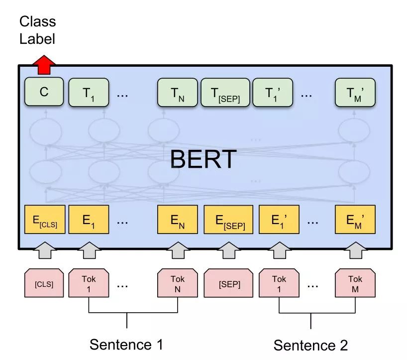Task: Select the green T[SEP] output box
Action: click(x=225, y=92)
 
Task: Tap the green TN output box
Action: click(x=178, y=92)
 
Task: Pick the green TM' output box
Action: click(x=355, y=92)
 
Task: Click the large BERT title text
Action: click(x=203, y=159)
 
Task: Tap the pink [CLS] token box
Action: click(x=44, y=284)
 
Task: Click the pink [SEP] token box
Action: click(x=229, y=284)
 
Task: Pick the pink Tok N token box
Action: click(x=178, y=284)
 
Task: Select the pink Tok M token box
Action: click(x=355, y=284)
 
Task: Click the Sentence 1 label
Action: click(x=126, y=344)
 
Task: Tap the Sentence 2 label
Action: click(x=310, y=345)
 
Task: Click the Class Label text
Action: click(x=38, y=30)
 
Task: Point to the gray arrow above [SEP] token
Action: click(x=229, y=250)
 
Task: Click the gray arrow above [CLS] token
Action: click(x=44, y=250)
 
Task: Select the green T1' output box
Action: click(x=273, y=92)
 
